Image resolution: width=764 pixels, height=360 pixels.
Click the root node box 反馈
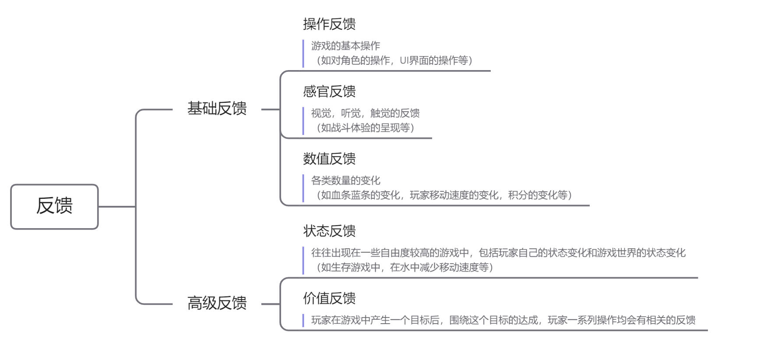coord(54,206)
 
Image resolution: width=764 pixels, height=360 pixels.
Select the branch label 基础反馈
coord(217,109)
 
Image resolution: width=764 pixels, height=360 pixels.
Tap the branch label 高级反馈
coord(217,303)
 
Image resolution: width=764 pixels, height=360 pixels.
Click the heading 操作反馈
coord(329,24)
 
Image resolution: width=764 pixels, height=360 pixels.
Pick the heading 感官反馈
coord(329,92)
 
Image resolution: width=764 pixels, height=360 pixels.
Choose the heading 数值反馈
coord(329,159)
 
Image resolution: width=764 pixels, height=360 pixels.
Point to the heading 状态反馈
coord(329,231)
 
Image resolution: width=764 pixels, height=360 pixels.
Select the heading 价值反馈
coord(329,299)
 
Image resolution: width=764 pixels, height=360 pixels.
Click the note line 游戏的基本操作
coord(345,46)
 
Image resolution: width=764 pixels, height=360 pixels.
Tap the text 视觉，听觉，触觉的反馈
coord(365,113)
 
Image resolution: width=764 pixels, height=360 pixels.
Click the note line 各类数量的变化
coord(345,180)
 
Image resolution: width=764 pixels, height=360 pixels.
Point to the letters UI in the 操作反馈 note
coord(405,60)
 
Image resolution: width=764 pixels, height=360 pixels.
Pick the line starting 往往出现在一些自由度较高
coord(498,253)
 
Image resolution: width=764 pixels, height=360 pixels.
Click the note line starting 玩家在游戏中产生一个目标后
coord(503,320)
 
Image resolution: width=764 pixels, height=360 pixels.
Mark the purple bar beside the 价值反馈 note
coord(303,320)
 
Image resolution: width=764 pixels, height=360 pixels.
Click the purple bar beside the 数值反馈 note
coord(303,188)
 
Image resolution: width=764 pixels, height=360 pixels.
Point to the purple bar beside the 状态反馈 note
coord(303,260)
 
